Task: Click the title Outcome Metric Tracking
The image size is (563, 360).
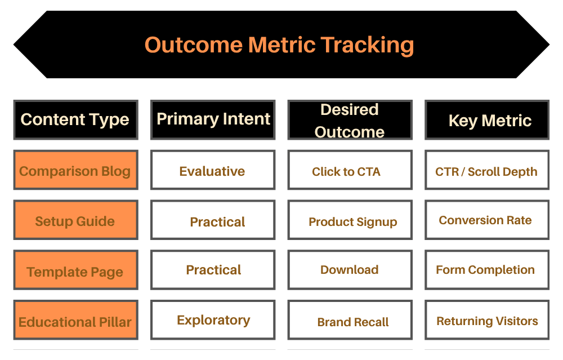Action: pos(280,45)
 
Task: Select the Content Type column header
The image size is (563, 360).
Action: pos(75,119)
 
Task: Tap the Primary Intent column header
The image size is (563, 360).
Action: pos(213,119)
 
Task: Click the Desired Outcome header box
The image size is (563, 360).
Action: pos(350,120)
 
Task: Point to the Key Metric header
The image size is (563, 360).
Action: pos(487,120)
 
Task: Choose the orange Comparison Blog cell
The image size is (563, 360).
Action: pos(75,171)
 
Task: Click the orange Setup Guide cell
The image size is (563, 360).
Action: pos(75,221)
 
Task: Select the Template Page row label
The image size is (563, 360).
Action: pos(75,271)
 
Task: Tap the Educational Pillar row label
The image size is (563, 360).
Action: pos(75,321)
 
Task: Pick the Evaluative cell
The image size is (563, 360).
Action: pos(213,171)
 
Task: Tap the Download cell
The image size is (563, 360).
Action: pos(350,270)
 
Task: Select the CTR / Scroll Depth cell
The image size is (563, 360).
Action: pos(487,171)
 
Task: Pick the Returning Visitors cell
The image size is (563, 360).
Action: pos(487,321)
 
